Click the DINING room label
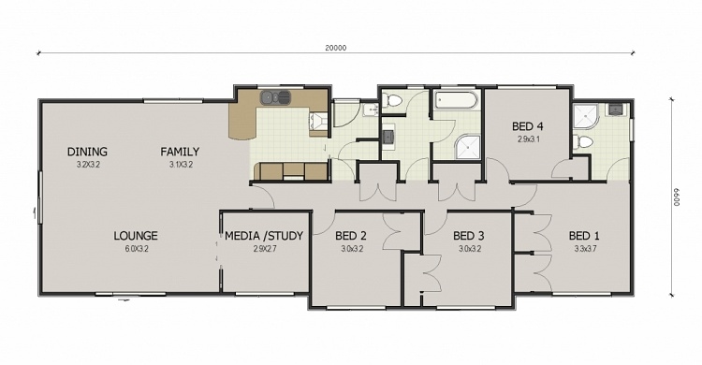pos(87,152)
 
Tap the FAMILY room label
pos(179,152)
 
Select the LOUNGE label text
pos(136,236)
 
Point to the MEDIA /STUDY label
pos(264,236)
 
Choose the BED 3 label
pos(467,236)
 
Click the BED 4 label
pos(528,126)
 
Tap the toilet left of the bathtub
pos(393,99)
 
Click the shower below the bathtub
pos(465,147)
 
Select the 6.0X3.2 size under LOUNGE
pos(136,249)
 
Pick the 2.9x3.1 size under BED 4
pos(529,139)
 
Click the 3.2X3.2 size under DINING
pos(87,165)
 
